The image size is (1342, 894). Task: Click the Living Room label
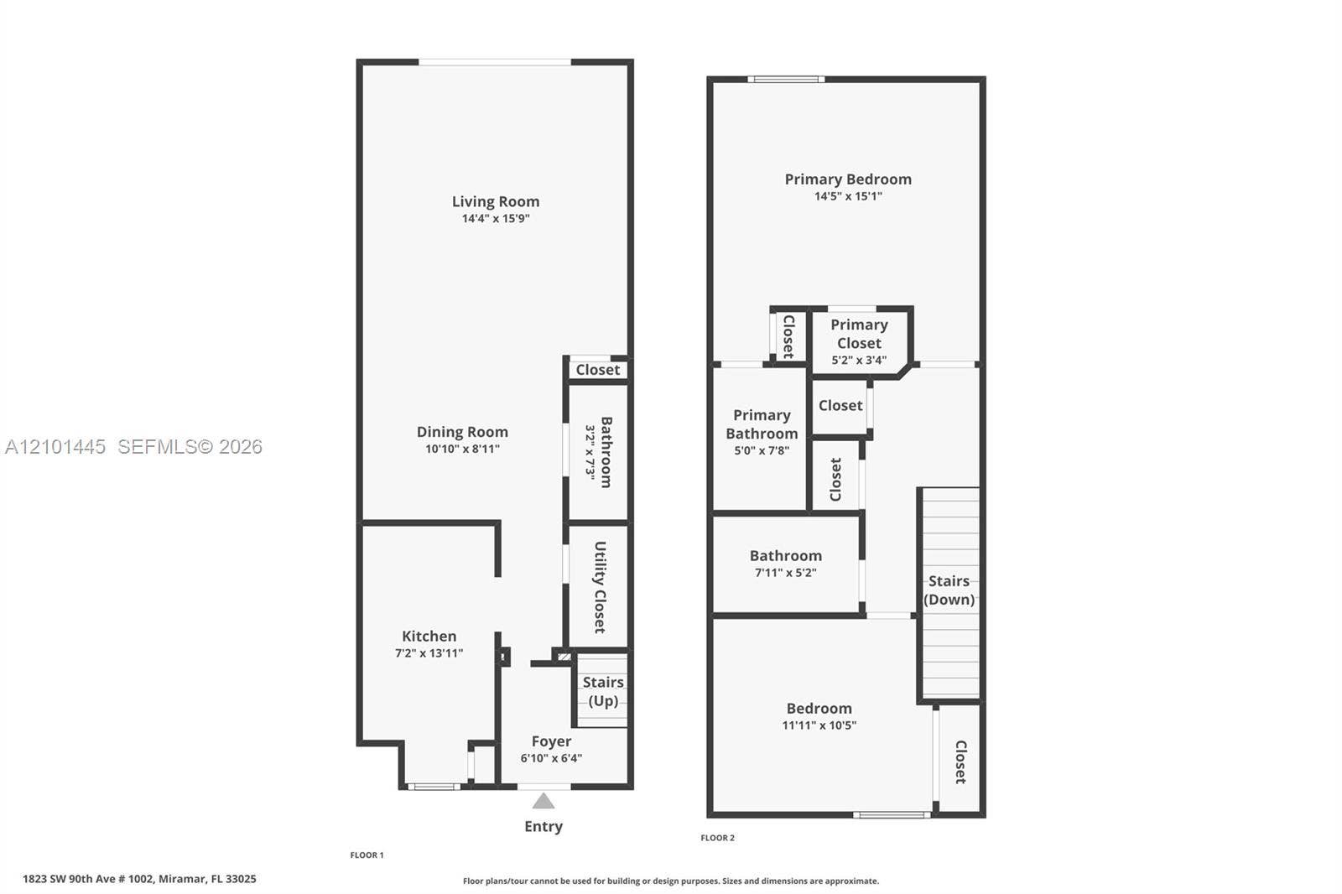[496, 202]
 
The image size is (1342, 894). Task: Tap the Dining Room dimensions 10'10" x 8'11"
[462, 449]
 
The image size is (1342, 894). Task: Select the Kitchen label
[429, 636]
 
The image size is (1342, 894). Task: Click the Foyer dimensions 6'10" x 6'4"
[551, 758]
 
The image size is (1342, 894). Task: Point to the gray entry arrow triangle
[544, 801]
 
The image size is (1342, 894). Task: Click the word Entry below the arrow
[544, 826]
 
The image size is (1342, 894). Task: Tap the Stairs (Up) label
[603, 692]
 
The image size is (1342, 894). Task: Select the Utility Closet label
[600, 587]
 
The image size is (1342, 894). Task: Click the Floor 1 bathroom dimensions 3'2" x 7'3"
[590, 452]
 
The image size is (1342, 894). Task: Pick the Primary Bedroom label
[848, 179]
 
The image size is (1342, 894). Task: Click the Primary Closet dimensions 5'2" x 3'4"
[859, 360]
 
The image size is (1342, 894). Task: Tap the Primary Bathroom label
[762, 424]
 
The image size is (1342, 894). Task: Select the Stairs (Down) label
[949, 590]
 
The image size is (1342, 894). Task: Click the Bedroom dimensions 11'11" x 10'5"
[819, 725]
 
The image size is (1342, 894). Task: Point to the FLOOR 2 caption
[717, 838]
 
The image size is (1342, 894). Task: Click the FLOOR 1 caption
[367, 855]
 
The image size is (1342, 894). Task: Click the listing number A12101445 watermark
[55, 446]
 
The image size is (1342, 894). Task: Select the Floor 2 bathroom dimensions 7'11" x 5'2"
[785, 572]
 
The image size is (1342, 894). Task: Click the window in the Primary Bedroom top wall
[786, 79]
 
